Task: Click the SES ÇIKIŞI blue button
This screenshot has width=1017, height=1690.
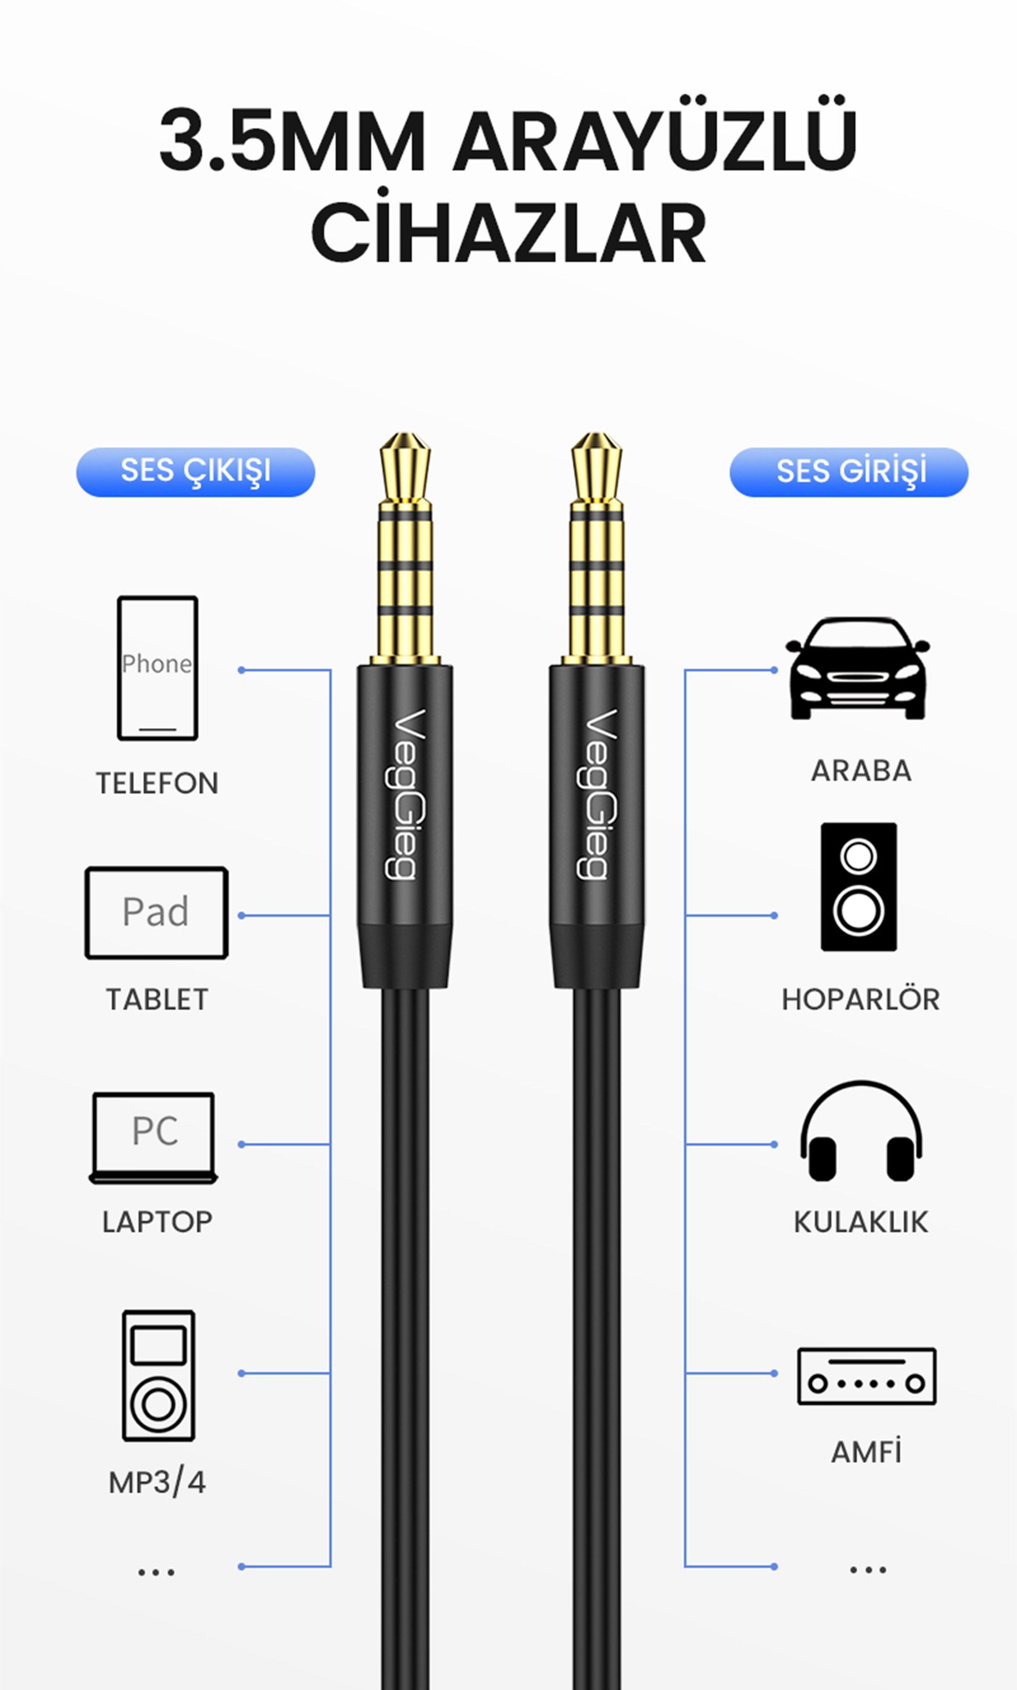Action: (x=195, y=471)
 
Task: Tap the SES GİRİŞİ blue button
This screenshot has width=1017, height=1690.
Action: (x=849, y=471)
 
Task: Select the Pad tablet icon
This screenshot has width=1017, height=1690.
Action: (x=156, y=912)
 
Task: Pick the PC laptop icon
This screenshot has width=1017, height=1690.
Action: (x=154, y=1138)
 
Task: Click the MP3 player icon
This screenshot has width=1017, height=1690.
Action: (x=158, y=1375)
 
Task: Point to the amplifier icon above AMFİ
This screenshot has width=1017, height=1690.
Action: (x=867, y=1376)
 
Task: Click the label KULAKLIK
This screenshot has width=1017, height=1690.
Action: (x=861, y=1222)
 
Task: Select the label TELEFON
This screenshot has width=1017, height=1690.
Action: (x=158, y=783)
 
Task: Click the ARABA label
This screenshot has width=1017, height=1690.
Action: (x=861, y=770)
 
